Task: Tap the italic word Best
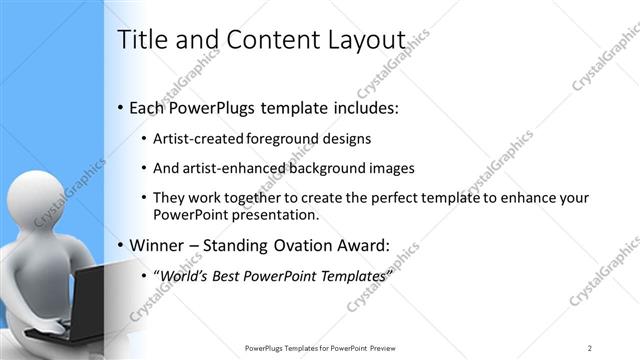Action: [233, 275]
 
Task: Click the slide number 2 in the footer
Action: [590, 348]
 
